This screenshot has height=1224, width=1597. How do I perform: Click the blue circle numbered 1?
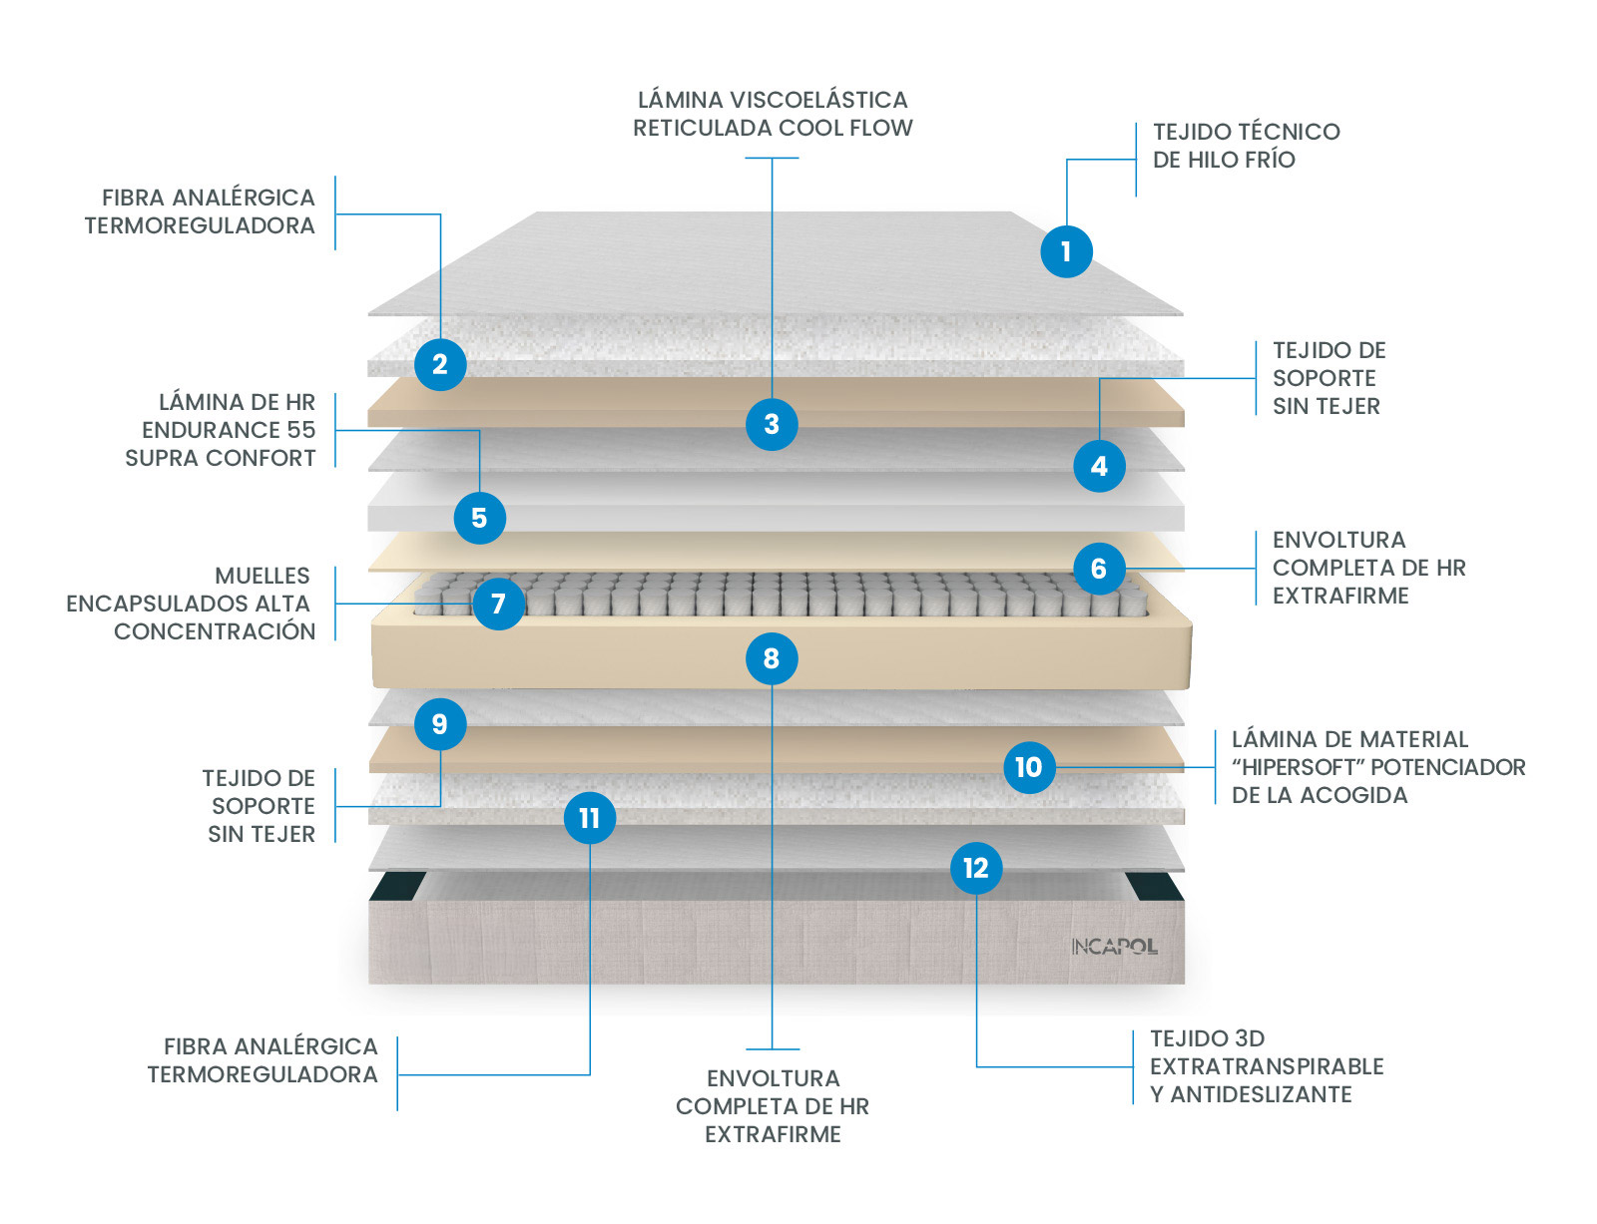[1066, 251]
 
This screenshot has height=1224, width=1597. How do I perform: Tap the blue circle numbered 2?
[440, 364]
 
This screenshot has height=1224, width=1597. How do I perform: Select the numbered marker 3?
[772, 424]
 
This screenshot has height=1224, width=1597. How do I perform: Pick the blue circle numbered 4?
[1099, 466]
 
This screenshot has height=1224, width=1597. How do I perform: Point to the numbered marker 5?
[479, 518]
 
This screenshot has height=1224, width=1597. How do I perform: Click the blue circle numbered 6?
[1099, 569]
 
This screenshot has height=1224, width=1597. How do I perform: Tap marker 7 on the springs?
[498, 604]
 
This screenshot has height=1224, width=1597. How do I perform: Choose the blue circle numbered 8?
[772, 658]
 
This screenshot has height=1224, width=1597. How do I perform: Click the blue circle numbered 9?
[440, 724]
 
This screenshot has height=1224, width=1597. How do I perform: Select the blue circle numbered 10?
[1029, 767]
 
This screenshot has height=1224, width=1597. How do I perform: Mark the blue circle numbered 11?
[590, 818]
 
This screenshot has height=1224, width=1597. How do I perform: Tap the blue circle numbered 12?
[976, 868]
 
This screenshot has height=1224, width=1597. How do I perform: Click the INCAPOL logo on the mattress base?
[1114, 946]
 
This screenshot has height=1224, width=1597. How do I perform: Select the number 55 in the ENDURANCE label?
[300, 430]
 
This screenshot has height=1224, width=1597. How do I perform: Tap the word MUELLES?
[263, 576]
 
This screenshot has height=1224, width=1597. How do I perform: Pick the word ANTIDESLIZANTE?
[1261, 1094]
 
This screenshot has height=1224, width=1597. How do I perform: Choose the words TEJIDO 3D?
[1207, 1038]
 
